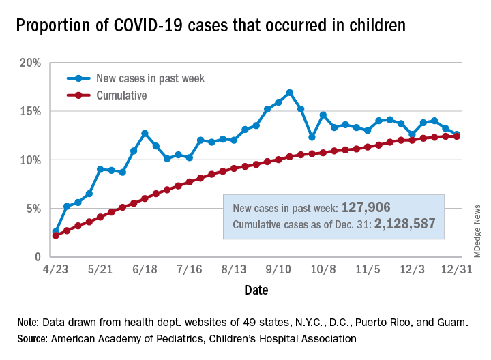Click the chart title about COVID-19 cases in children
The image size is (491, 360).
click(x=211, y=26)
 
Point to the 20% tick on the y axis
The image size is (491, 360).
click(x=31, y=63)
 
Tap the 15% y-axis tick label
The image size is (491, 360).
click(x=31, y=111)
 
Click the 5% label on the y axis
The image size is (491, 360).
click(x=33, y=209)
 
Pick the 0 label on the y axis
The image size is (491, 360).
click(x=38, y=257)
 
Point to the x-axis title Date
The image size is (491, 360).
click(x=256, y=290)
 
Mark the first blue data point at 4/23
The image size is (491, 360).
click(x=56, y=232)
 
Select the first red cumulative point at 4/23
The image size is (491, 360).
click(x=56, y=236)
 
